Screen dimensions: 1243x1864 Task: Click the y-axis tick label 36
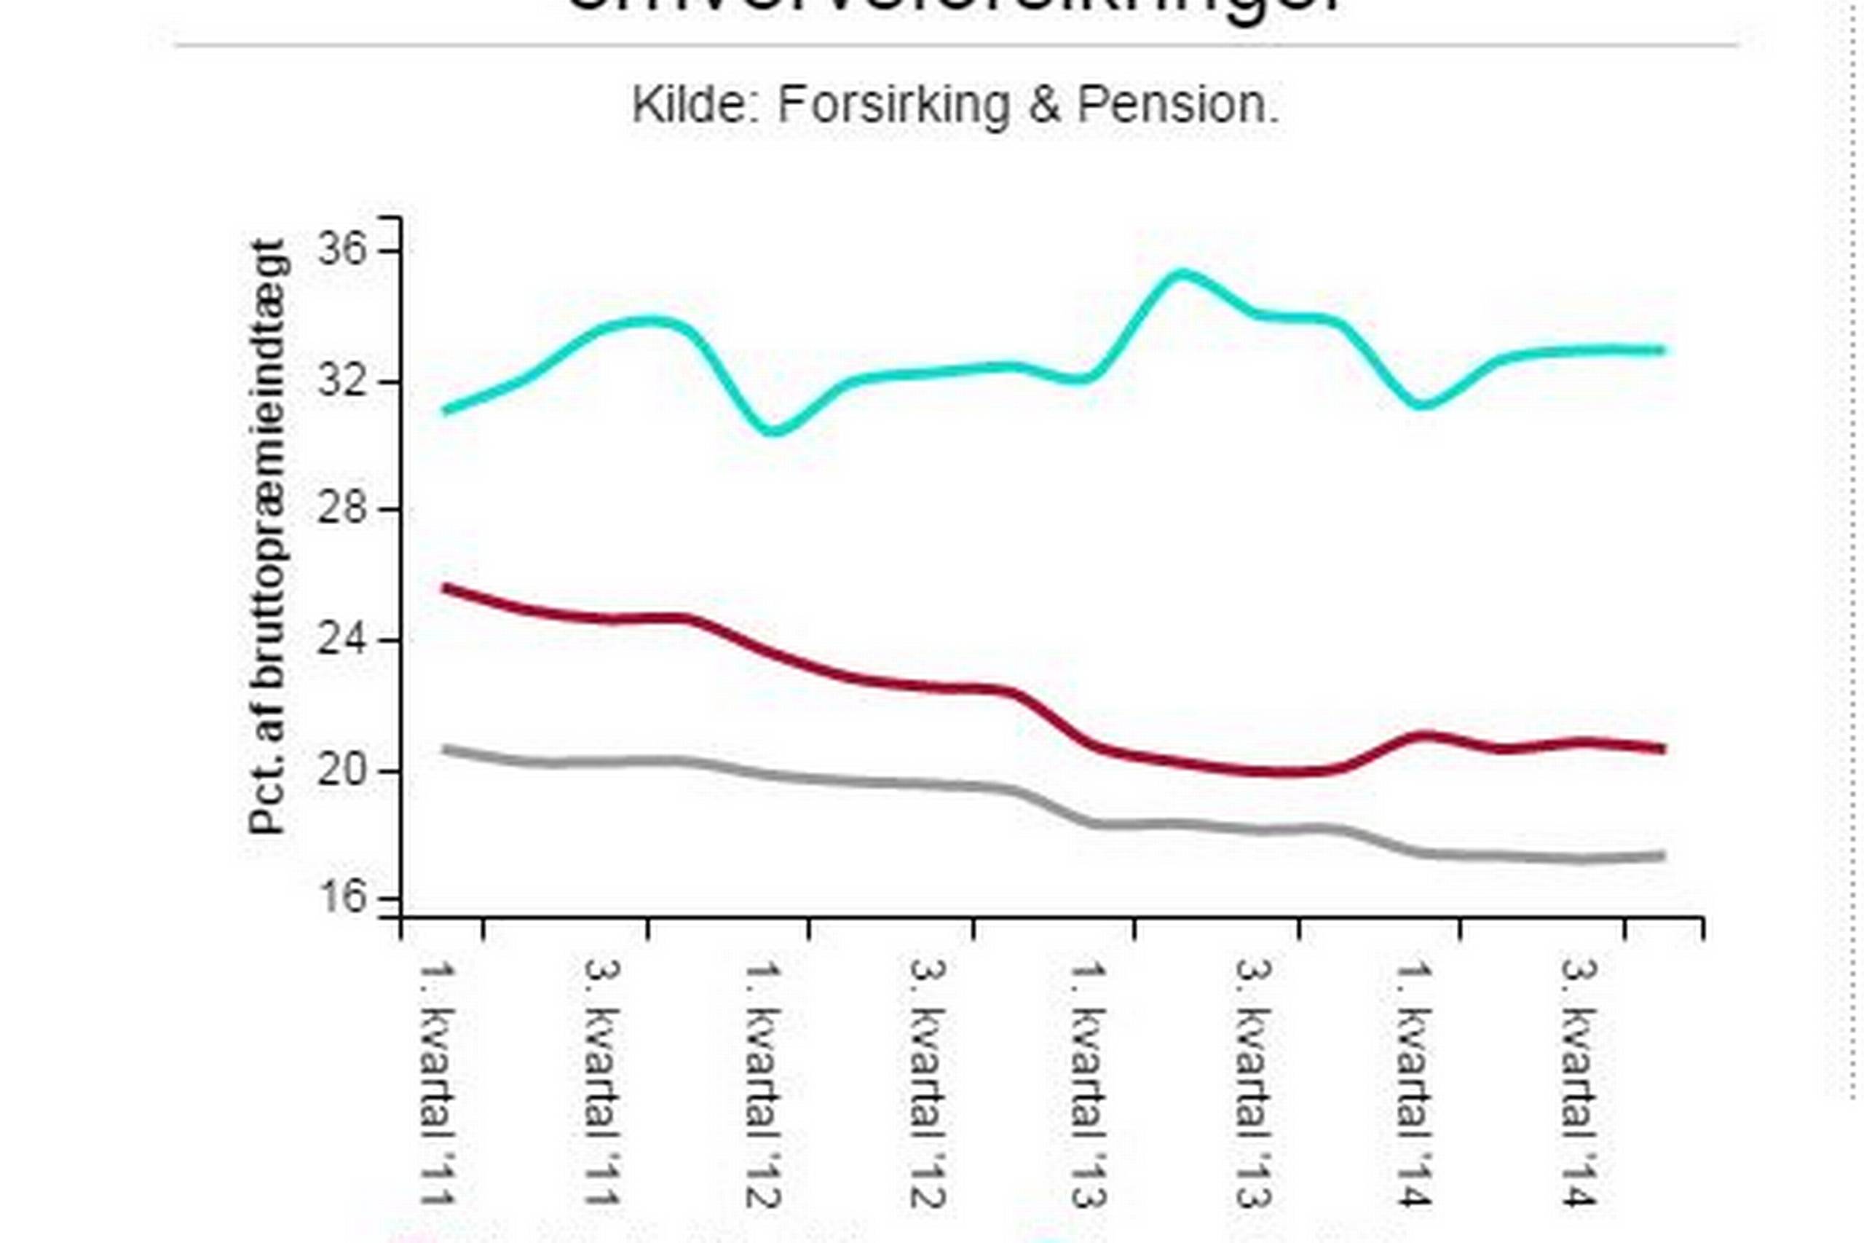342,250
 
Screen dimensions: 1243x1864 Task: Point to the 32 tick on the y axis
342,382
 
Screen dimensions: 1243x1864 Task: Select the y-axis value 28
342,509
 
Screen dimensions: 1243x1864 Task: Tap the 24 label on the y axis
342,640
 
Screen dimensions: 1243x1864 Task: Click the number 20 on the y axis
342,770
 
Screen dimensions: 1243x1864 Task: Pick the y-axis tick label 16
342,899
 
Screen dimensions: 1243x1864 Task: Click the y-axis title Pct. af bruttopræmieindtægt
268,537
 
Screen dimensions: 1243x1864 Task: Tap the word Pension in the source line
1177,105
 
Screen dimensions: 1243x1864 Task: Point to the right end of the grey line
1662,856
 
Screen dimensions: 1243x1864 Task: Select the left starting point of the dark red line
446,588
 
